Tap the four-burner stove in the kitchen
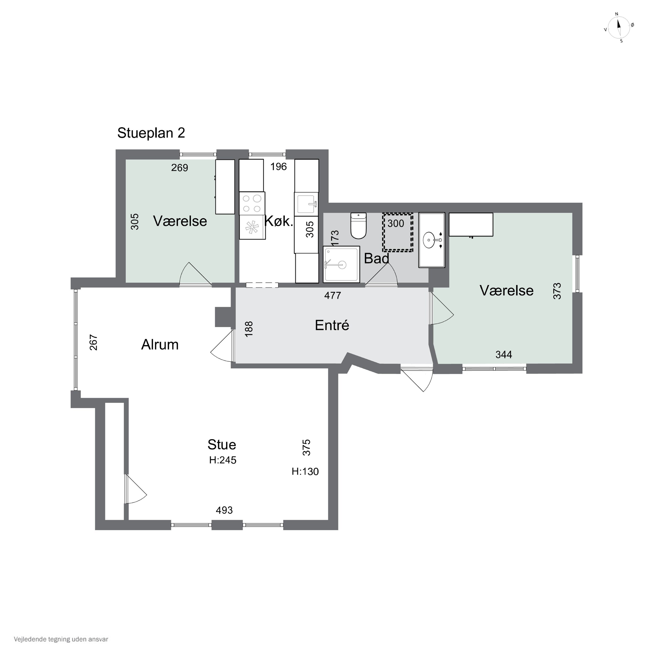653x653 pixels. click(252, 204)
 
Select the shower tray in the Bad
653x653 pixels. click(341, 264)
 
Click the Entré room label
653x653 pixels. click(332, 325)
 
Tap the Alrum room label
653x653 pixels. click(160, 344)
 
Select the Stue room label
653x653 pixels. click(222, 444)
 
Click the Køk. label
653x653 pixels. click(279, 221)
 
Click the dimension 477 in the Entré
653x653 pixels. click(333, 295)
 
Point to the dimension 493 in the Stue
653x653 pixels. click(224, 510)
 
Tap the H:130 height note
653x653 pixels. click(305, 471)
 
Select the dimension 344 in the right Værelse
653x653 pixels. click(504, 355)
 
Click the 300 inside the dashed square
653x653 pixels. click(396, 223)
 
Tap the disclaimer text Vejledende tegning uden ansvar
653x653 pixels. click(61, 639)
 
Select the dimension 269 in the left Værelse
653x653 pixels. click(180, 168)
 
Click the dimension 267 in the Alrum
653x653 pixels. click(93, 342)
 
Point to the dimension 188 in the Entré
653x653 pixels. click(248, 329)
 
